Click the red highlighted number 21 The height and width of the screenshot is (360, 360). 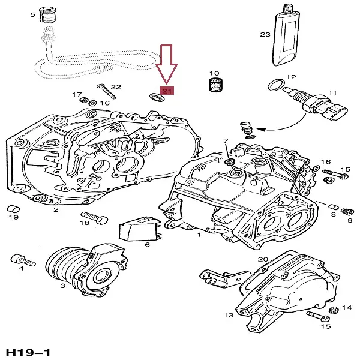coord(167,92)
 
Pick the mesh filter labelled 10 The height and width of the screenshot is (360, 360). coord(215,86)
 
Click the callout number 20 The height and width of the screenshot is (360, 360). coord(262,259)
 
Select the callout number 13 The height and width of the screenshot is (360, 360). coord(228,315)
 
